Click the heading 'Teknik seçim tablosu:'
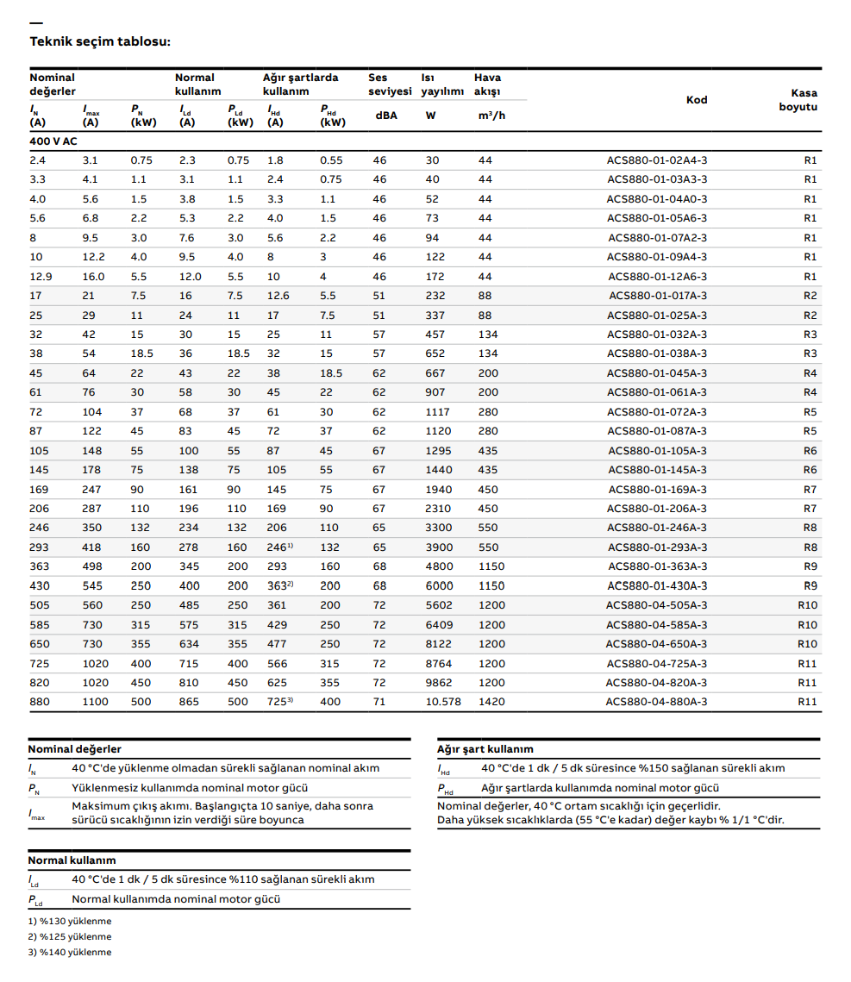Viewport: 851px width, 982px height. pos(100,41)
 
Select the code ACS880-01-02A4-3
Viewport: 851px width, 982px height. pos(657,160)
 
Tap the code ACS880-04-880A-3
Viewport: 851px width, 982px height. pos(656,702)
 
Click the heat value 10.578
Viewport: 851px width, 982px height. pos(443,702)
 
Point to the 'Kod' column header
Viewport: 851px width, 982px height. pos(697,100)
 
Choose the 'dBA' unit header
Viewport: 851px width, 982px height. pos(386,115)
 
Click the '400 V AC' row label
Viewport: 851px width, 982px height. pos(53,141)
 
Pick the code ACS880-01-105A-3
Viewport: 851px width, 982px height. pos(657,451)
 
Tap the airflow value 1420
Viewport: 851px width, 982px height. pos(491,702)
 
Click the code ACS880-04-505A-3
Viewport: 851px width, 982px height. pos(656,605)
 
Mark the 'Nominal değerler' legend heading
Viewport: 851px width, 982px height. pos(75,749)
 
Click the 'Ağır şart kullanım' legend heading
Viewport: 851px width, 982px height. pos(485,749)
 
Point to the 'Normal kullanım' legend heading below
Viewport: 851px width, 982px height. pos(72,860)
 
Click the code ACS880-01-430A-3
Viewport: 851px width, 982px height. pos(657,585)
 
